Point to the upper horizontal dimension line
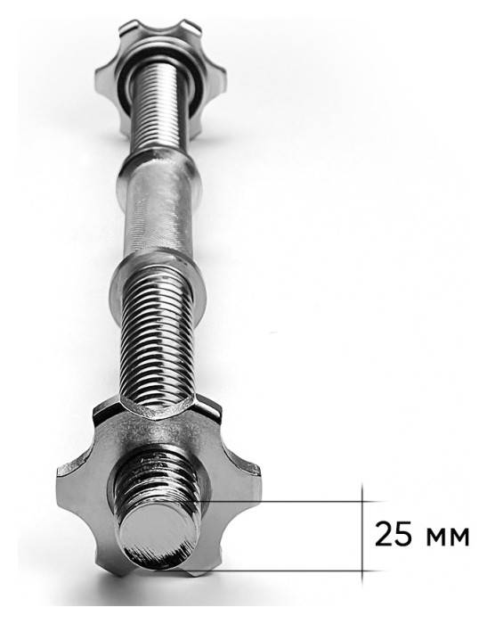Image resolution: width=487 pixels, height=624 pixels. click(290, 501)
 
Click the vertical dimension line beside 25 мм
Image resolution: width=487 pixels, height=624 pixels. click(362, 534)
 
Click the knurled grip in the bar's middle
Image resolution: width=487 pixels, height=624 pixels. click(161, 211)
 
